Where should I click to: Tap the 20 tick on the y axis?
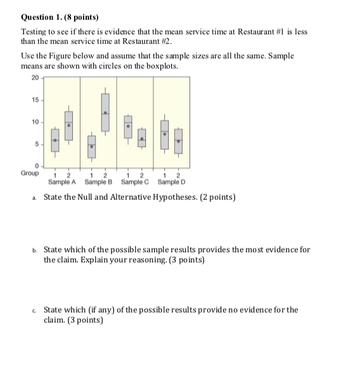pyautogui.click(x=34, y=79)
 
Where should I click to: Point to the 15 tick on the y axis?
pyautogui.click(x=34, y=100)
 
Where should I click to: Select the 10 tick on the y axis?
pyautogui.click(x=34, y=122)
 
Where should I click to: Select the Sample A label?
pyautogui.click(x=62, y=182)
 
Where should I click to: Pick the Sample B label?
pyautogui.click(x=98, y=182)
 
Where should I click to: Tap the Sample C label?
pyautogui.click(x=134, y=182)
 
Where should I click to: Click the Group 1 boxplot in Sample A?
pyautogui.click(x=55, y=141)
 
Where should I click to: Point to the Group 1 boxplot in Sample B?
pyautogui.click(x=91, y=146)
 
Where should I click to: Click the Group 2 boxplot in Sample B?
pyautogui.click(x=105, y=111)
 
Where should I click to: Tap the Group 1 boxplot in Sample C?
pyautogui.click(x=128, y=127)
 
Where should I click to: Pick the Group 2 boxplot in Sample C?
pyautogui.click(x=142, y=139)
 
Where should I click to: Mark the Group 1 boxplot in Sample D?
pyautogui.click(x=165, y=135)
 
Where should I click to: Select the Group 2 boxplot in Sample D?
pyautogui.click(x=178, y=141)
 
